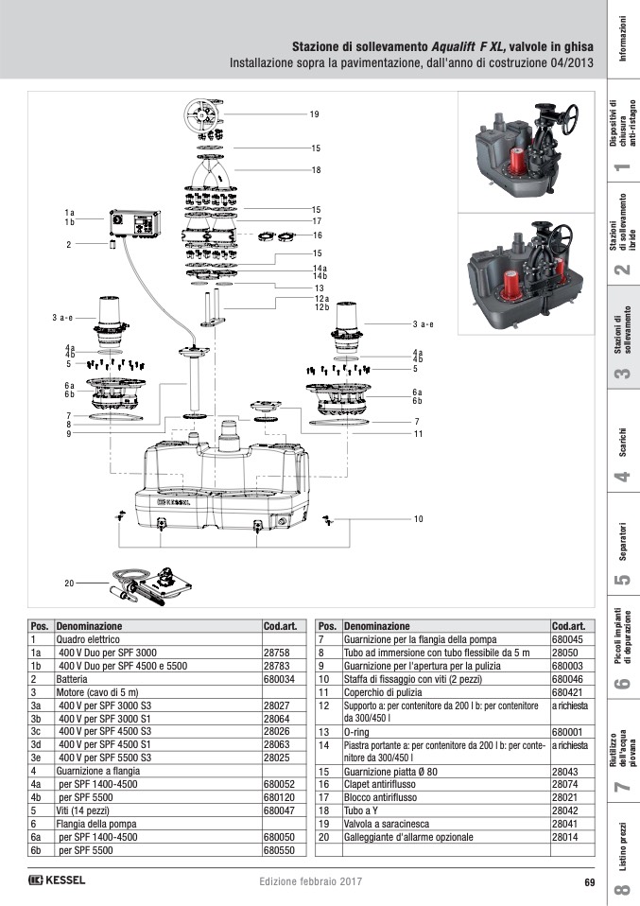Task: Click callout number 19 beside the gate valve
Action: pyautogui.click(x=315, y=113)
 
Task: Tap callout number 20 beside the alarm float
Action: pyautogui.click(x=69, y=584)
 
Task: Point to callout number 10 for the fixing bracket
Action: pyautogui.click(x=418, y=518)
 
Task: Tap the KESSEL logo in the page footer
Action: pyautogui.click(x=57, y=881)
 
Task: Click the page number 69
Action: pyautogui.click(x=588, y=882)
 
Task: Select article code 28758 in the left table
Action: pyautogui.click(x=276, y=653)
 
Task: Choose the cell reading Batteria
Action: pyautogui.click(x=77, y=679)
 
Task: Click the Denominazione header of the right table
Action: pyautogui.click(x=377, y=626)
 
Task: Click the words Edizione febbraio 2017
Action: pyautogui.click(x=311, y=882)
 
